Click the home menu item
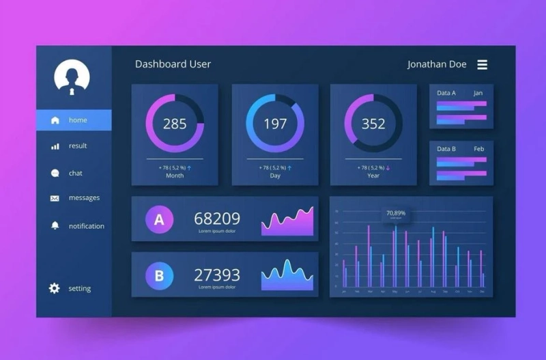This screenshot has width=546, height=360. [74, 120]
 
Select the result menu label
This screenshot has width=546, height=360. [78, 146]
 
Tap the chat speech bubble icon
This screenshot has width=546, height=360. [55, 174]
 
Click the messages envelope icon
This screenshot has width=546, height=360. [55, 198]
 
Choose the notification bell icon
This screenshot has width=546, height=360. [55, 225]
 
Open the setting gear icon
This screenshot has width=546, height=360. [55, 288]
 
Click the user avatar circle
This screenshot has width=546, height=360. [72, 77]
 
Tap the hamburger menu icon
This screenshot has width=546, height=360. [482, 64]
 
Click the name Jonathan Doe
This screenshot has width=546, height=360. [437, 64]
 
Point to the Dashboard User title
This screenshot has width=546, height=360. [173, 64]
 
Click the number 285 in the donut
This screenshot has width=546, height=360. [175, 124]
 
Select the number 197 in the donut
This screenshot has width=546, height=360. [275, 124]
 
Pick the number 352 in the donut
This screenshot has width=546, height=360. [373, 124]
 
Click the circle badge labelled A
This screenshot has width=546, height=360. [159, 219]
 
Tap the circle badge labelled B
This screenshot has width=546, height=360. [159, 276]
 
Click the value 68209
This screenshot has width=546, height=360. [217, 219]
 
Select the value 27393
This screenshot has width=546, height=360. [217, 275]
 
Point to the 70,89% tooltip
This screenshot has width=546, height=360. [396, 213]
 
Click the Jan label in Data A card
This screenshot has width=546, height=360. [478, 93]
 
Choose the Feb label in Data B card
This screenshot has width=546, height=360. [478, 149]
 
